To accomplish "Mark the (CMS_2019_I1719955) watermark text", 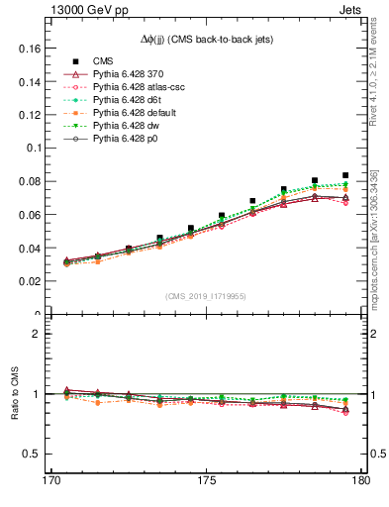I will tap(207, 295).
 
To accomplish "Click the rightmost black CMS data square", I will tap(345, 175).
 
